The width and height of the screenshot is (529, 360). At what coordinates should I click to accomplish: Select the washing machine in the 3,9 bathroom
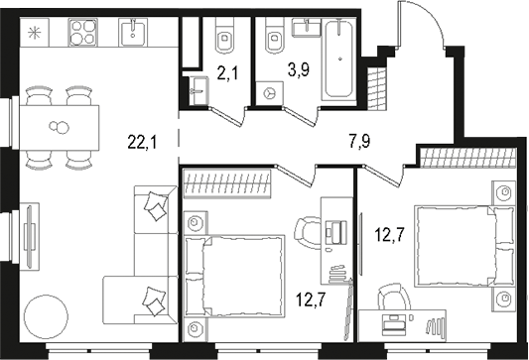[x=270, y=91]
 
